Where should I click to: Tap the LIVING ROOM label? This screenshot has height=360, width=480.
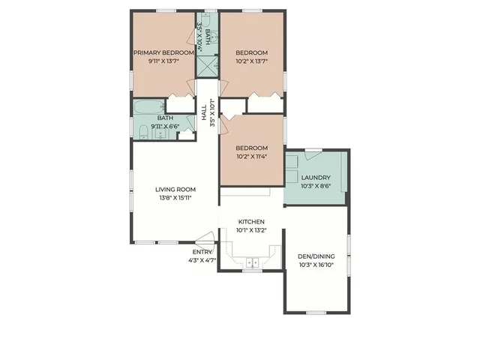pos(175,189)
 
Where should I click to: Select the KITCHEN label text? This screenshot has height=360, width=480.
pos(250,222)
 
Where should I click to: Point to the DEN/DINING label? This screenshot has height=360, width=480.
pos(316,256)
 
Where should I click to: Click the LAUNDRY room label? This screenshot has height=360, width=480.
pos(316,178)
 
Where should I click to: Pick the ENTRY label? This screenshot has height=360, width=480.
pos(202,252)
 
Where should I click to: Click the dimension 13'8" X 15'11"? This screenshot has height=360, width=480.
pos(175,198)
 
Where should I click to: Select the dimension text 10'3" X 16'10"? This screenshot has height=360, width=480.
pos(316,265)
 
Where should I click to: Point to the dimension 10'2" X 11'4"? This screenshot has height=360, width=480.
pos(251,157)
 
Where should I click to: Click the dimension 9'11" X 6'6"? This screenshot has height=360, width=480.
pos(165,127)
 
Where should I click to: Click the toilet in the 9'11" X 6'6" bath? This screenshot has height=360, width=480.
pos(143,133)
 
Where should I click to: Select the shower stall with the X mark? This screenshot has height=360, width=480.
pos(206,64)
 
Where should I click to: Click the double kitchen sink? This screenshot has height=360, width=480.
pos(252,262)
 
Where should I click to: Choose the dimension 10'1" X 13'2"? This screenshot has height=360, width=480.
pos(250,231)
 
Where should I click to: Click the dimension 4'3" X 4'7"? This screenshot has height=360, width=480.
pos(202,260)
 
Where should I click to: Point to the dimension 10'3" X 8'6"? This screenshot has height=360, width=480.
pos(316,186)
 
